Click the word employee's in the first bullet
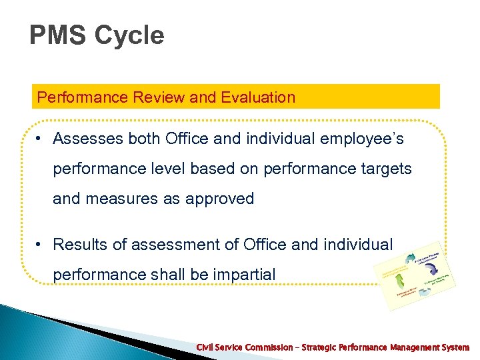[x=365, y=139]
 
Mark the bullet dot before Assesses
[x=41, y=139]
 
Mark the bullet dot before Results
[x=41, y=245]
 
